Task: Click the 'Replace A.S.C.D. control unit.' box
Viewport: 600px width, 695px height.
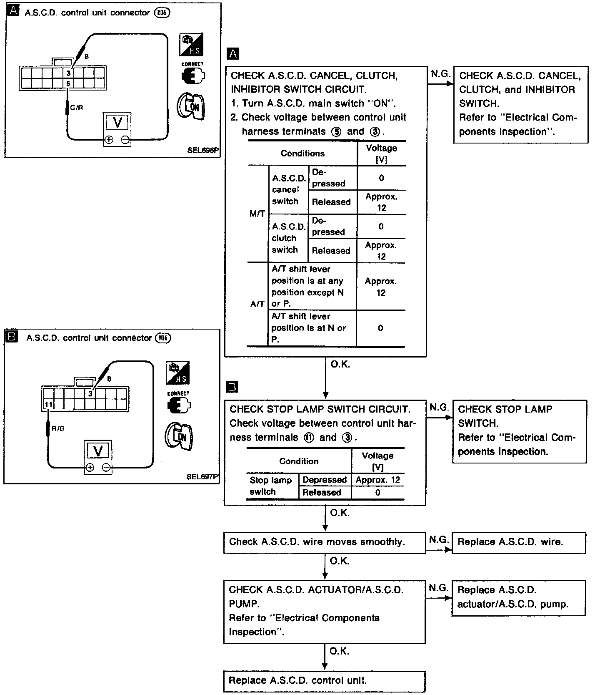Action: pyautogui.click(x=324, y=681)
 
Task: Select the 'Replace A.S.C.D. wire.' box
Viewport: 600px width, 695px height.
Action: pyautogui.click(x=518, y=542)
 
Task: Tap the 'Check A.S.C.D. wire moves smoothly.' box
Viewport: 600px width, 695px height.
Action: pyautogui.click(x=324, y=542)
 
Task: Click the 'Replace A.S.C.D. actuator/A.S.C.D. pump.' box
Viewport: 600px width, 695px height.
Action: pyautogui.click(x=518, y=598)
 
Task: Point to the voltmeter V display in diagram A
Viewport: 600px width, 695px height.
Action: pyautogui.click(x=117, y=122)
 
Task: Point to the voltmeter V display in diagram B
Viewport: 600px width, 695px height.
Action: pyautogui.click(x=98, y=451)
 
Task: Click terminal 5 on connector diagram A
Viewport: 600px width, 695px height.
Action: pyautogui.click(x=68, y=83)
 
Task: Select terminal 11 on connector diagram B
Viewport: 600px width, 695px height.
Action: pyautogui.click(x=48, y=404)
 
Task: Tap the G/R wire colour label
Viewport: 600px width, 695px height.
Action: pyautogui.click(x=77, y=108)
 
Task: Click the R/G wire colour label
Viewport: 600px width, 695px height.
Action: pyautogui.click(x=58, y=428)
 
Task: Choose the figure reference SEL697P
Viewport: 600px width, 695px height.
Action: pyautogui.click(x=202, y=476)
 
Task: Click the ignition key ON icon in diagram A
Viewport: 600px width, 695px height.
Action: pyautogui.click(x=191, y=106)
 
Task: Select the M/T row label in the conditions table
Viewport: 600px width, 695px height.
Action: pyautogui.click(x=257, y=214)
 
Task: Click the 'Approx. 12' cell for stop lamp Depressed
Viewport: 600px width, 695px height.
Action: pyautogui.click(x=377, y=480)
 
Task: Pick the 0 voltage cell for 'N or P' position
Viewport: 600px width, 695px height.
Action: pyautogui.click(x=380, y=328)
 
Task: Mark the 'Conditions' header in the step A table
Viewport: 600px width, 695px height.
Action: pyautogui.click(x=302, y=154)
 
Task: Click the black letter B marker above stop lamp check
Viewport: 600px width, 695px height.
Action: pyautogui.click(x=232, y=387)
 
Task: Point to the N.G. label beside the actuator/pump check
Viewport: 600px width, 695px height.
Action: pyautogui.click(x=438, y=588)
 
